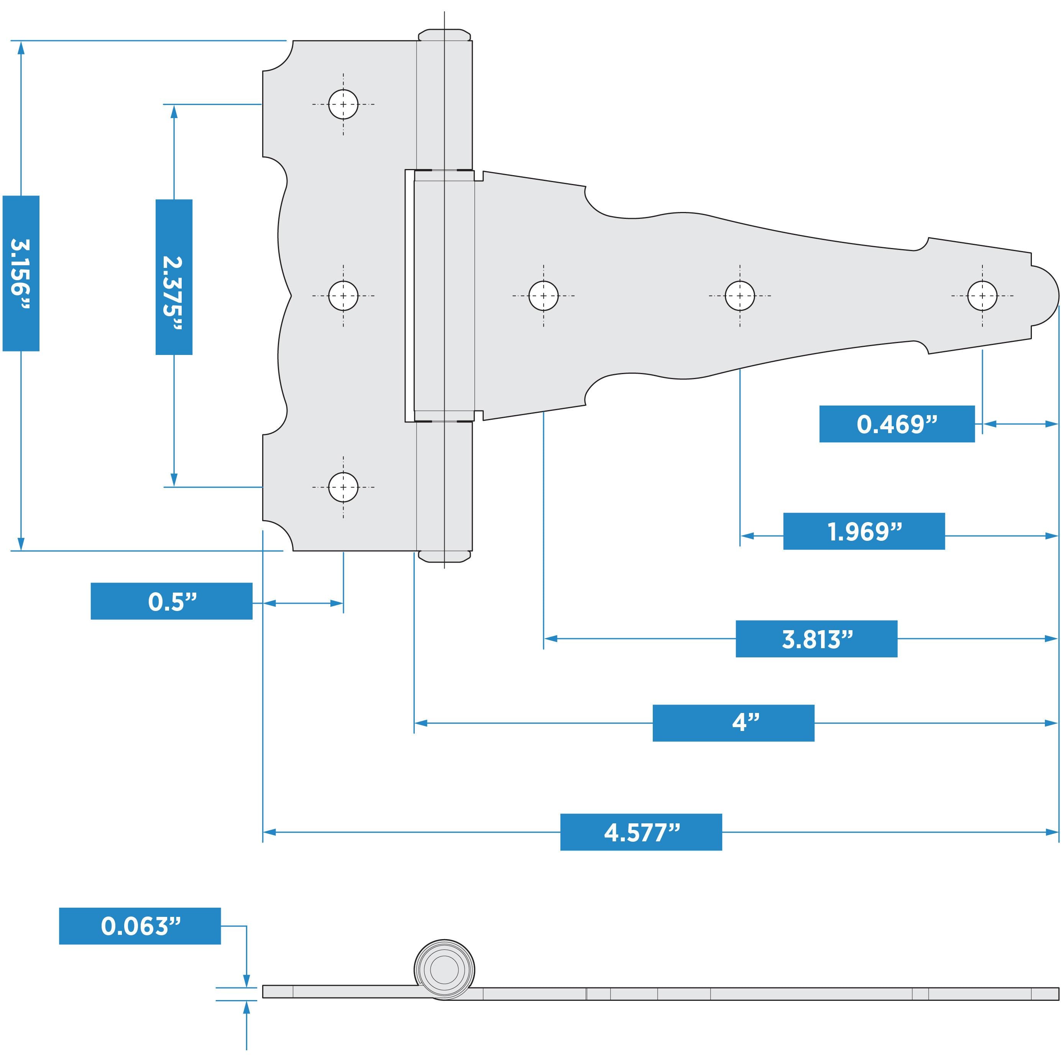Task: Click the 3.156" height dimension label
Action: click(21, 273)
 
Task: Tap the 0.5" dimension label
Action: click(171, 601)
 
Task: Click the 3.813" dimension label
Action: click(816, 639)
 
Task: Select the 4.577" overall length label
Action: click(641, 832)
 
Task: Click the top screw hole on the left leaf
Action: click(343, 104)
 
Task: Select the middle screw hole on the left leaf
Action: click(343, 296)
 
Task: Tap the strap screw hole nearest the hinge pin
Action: click(543, 296)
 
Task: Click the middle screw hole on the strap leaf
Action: click(740, 296)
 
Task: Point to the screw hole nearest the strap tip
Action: click(982, 296)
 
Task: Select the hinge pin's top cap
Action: click(444, 34)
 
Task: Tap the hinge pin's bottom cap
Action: click(444, 556)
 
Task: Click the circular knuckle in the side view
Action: click(444, 969)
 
